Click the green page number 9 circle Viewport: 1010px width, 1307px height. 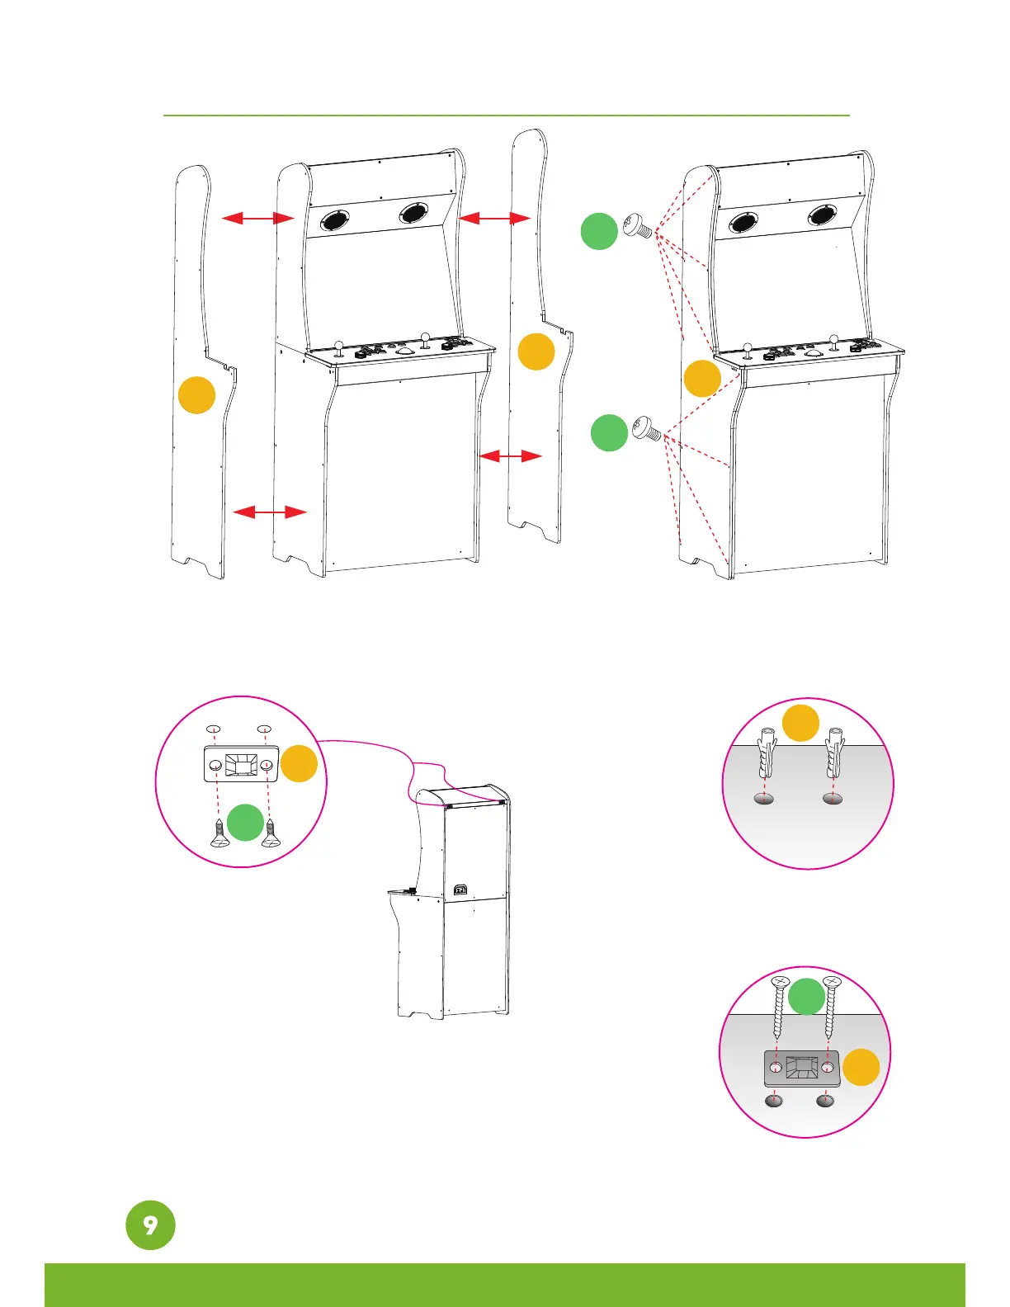(150, 1224)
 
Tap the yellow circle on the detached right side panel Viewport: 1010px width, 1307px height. (536, 352)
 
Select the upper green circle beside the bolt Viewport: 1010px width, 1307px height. (599, 231)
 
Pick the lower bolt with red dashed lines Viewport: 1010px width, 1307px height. (648, 429)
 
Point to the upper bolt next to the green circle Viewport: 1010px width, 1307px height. (638, 226)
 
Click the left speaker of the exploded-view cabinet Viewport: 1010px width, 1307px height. (334, 220)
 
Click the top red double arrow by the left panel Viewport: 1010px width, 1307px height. (257, 218)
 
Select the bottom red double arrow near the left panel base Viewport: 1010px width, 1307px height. (270, 512)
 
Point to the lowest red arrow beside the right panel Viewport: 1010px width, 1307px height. (510, 455)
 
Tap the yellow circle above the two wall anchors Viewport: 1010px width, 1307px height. (800, 723)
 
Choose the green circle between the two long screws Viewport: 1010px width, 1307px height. (806, 996)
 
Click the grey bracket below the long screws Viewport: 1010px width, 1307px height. (801, 1069)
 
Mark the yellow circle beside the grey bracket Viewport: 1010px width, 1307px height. (861, 1067)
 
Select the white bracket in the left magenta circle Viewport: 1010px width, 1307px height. (240, 764)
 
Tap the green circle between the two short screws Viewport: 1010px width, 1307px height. (245, 823)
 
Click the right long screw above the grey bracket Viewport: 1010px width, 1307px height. (830, 1007)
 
